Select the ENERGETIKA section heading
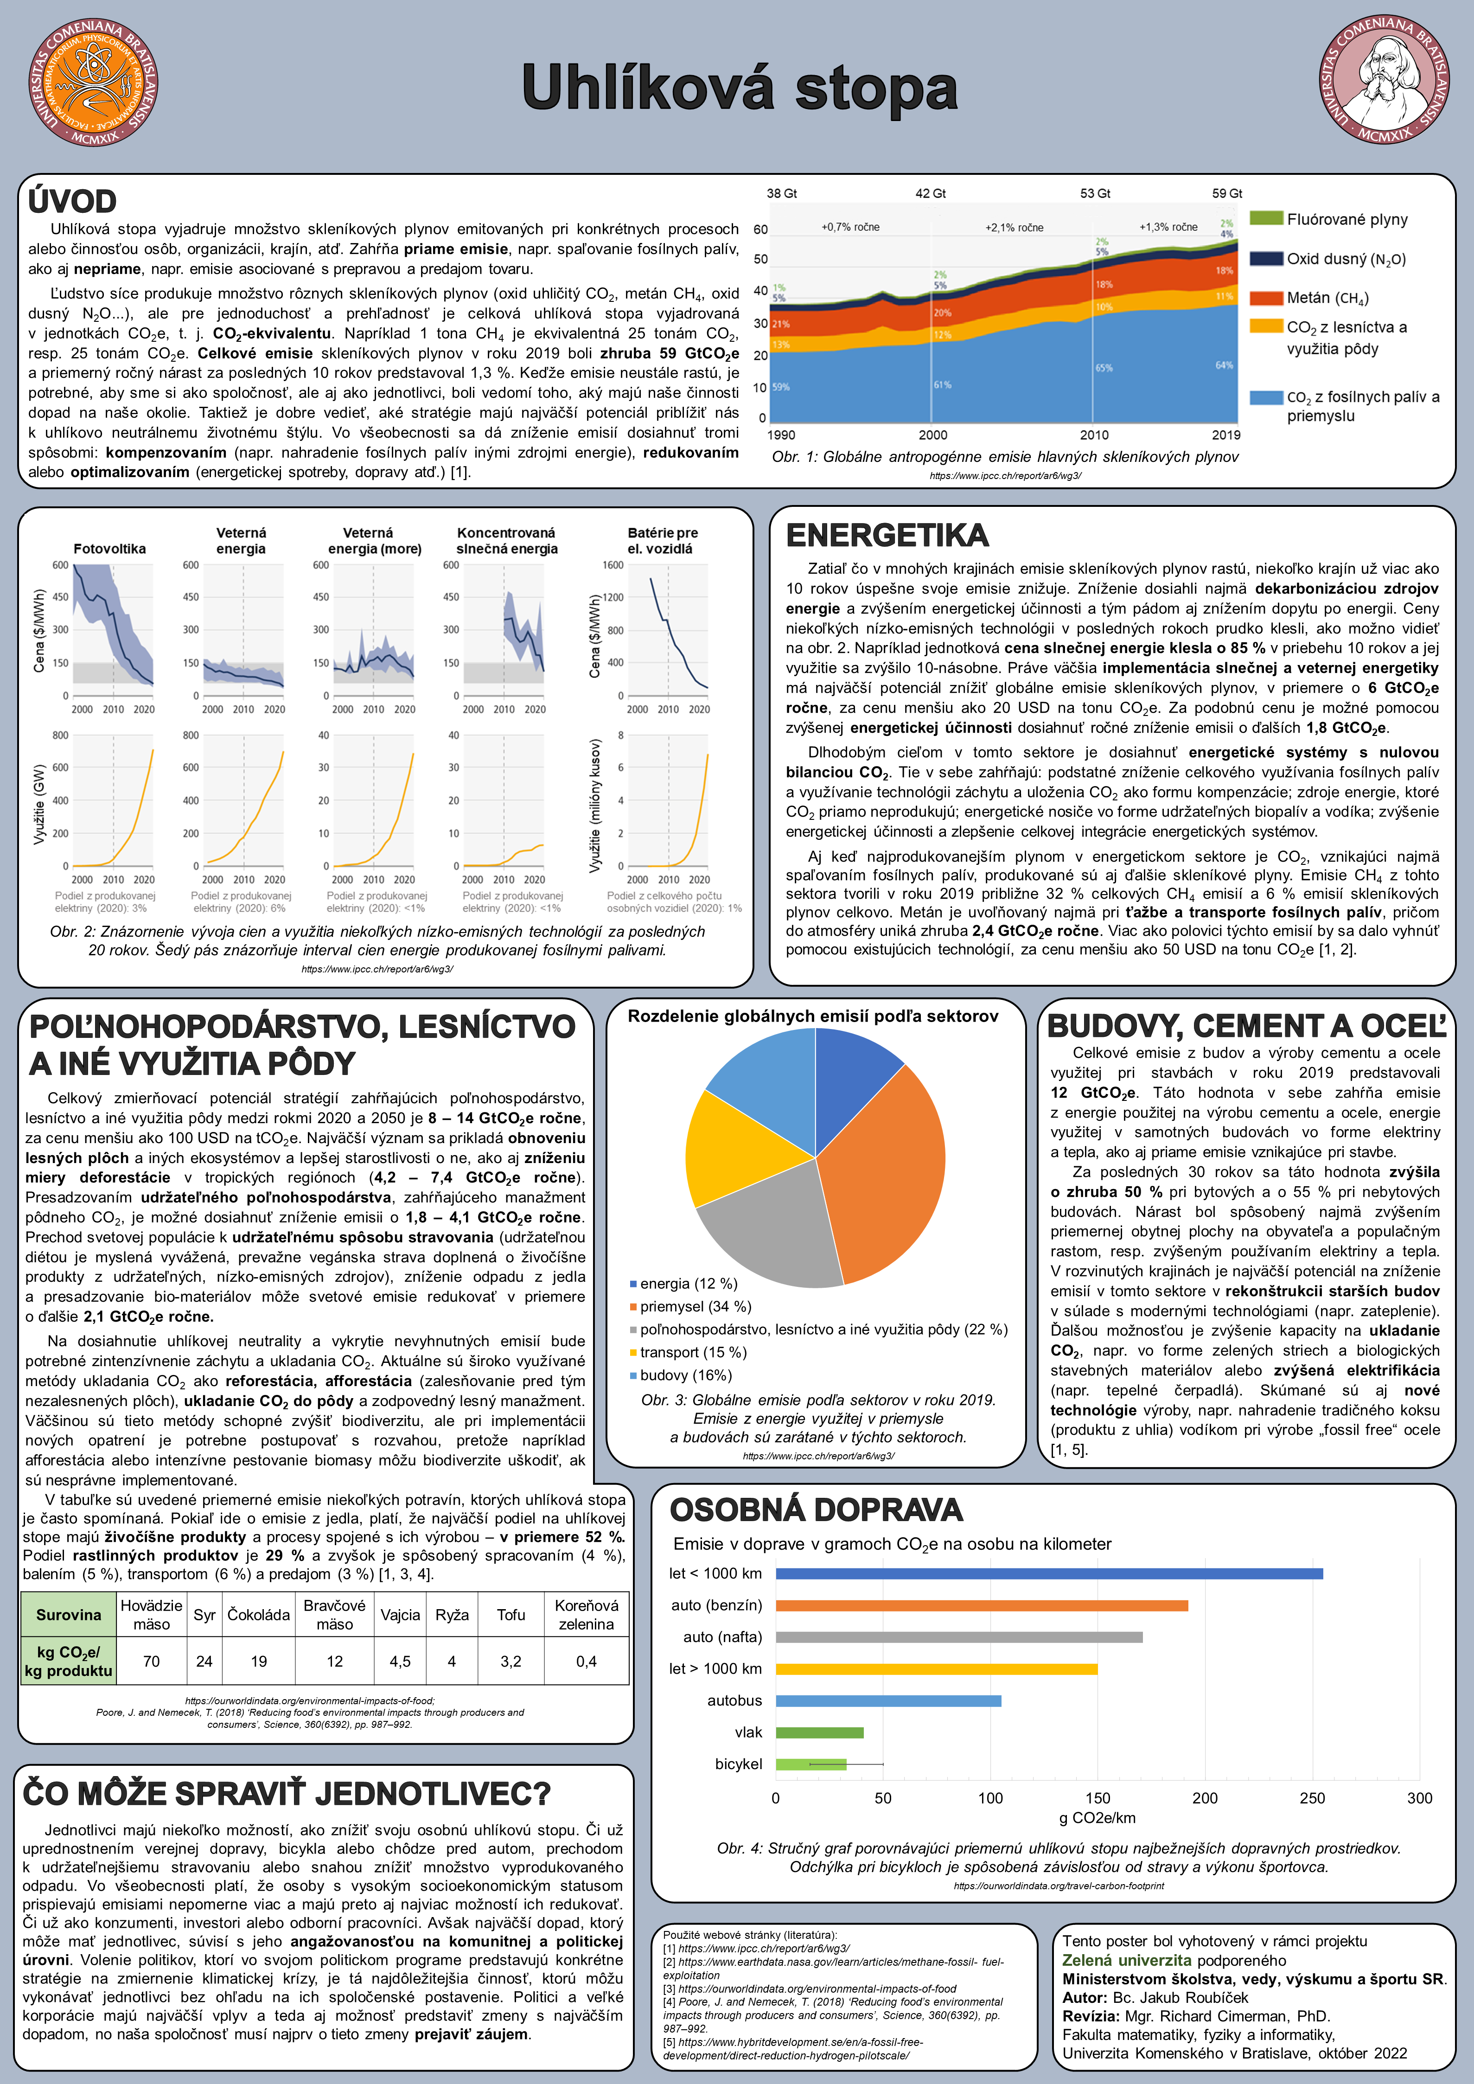coord(887,536)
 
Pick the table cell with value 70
coord(152,1661)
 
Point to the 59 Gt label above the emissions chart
coord(1226,193)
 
